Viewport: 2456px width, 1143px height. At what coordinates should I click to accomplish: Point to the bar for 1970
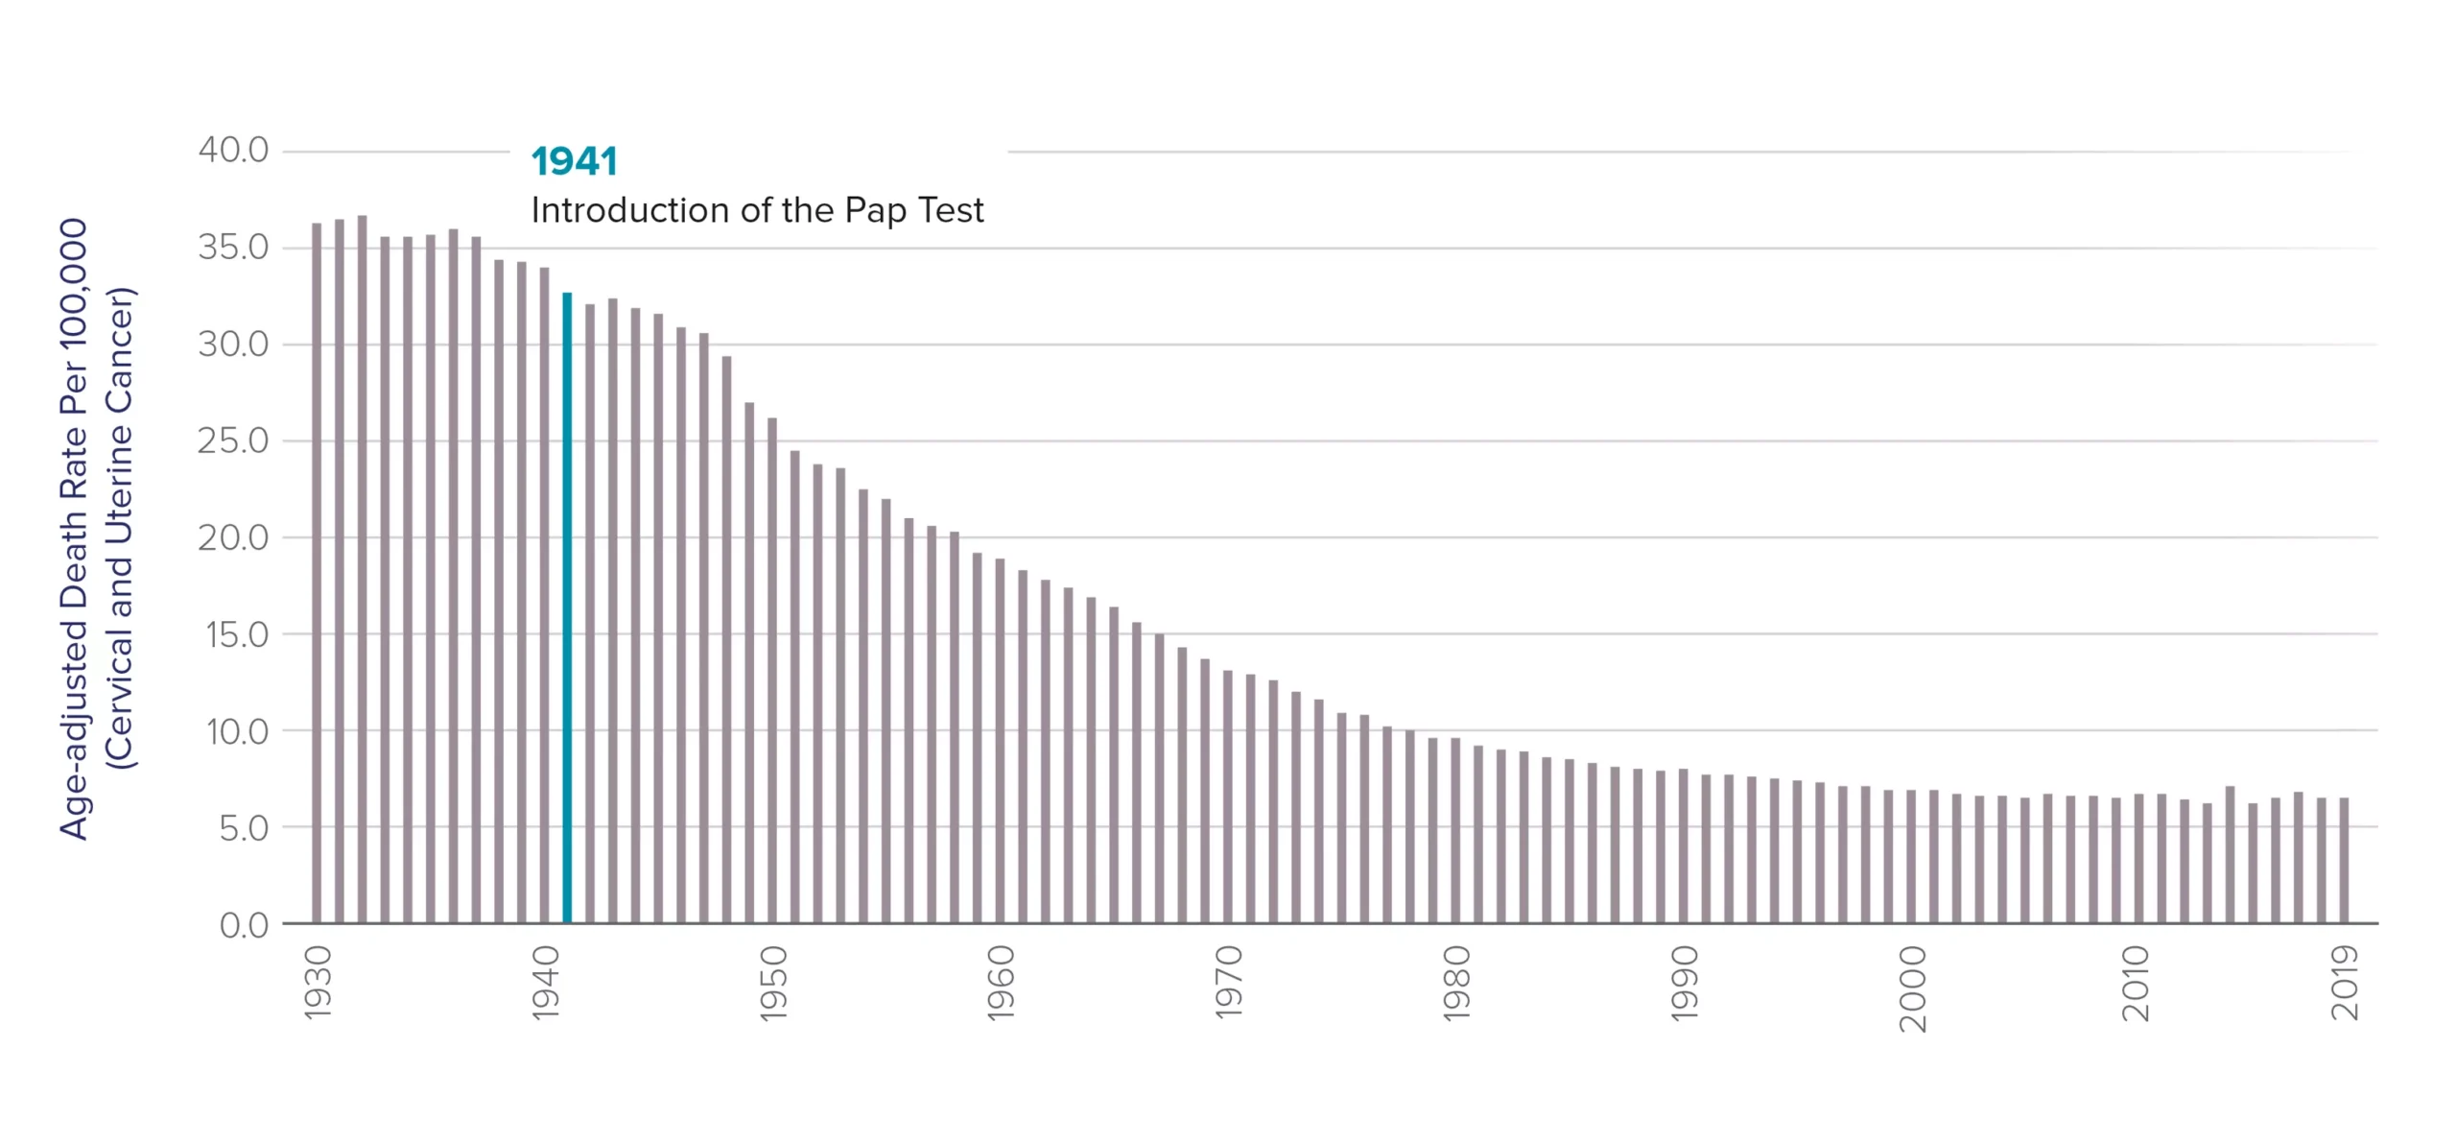point(1228,797)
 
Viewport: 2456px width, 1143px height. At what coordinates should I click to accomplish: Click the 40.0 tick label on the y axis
point(233,151)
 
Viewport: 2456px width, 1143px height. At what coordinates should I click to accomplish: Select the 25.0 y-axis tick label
point(233,441)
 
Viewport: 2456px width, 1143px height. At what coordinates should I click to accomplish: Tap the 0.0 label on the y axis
point(244,925)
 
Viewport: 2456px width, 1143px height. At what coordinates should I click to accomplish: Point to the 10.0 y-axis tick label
point(237,732)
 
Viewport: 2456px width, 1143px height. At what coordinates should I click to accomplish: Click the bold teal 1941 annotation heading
point(574,161)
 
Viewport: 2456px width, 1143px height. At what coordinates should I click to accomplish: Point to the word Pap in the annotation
point(875,211)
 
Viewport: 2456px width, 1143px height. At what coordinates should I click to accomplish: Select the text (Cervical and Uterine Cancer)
point(120,528)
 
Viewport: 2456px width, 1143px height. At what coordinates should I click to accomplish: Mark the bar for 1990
point(1684,845)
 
